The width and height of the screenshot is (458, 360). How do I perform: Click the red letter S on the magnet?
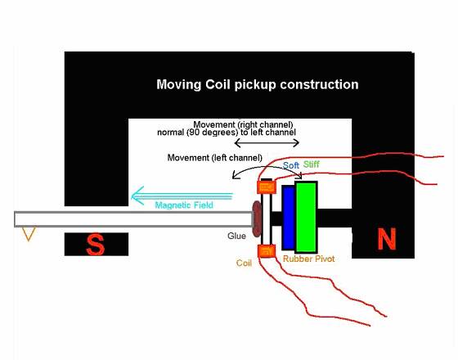(x=96, y=245)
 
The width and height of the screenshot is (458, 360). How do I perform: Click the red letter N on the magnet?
(x=387, y=239)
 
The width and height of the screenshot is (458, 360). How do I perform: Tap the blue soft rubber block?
(x=289, y=218)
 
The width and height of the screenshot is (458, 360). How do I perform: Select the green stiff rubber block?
(x=306, y=217)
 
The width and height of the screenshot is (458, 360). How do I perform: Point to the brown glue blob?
(x=257, y=218)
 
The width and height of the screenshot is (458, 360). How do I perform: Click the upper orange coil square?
(x=267, y=187)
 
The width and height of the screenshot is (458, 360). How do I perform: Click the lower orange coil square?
(x=267, y=251)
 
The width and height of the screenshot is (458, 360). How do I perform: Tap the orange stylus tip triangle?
(x=29, y=234)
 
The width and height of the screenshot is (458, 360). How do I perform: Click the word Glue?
(x=236, y=236)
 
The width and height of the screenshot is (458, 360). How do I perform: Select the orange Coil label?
(x=244, y=263)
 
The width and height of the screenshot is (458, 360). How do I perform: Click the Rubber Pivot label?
(x=309, y=259)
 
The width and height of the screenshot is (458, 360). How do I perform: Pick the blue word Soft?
(x=290, y=165)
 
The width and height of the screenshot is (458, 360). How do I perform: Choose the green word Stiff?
(x=312, y=164)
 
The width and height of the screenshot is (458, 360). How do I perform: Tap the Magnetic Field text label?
(x=184, y=205)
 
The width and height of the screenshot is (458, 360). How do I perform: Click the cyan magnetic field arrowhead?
(x=137, y=196)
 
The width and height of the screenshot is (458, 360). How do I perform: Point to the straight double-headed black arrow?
(x=267, y=143)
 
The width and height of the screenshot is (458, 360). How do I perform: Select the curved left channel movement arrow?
(x=267, y=167)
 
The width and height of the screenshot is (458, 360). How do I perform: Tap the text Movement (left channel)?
(x=214, y=158)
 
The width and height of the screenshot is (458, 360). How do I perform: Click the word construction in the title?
(x=319, y=85)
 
